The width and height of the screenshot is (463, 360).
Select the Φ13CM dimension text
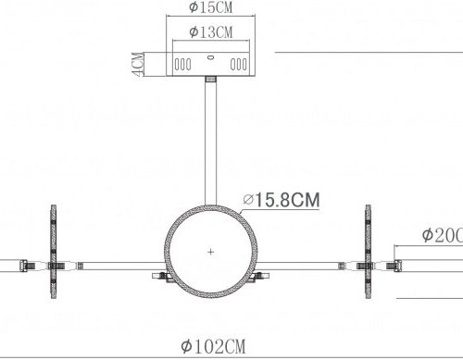click(209, 31)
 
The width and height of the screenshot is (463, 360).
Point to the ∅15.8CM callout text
click(281, 199)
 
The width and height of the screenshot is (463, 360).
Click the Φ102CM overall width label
click(214, 347)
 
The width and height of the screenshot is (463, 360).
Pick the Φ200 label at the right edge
click(442, 236)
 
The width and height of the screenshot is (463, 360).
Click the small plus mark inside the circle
click(211, 252)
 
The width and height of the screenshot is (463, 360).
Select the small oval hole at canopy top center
click(210, 57)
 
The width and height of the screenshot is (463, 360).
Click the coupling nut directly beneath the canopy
click(210, 82)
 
